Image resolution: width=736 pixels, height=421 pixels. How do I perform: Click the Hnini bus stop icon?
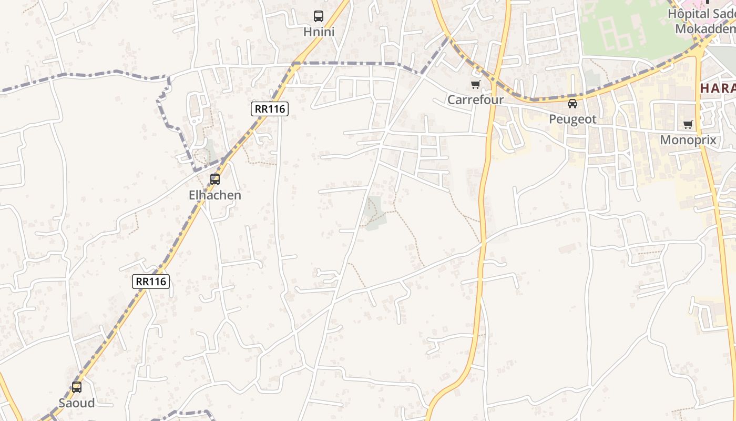click(319, 16)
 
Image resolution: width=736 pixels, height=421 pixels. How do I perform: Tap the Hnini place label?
click(319, 32)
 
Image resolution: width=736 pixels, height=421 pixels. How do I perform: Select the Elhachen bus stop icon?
click(215, 179)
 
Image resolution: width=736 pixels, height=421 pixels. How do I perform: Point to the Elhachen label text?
click(215, 195)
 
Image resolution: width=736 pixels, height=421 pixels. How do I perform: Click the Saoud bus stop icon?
click(77, 387)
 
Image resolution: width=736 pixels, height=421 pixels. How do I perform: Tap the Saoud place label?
click(77, 403)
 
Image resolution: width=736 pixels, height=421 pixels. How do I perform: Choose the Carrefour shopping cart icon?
click(476, 84)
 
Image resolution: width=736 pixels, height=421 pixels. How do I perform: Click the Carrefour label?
click(476, 100)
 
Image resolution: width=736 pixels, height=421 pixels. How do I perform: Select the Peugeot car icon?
click(573, 104)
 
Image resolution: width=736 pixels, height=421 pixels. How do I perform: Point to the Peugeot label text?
click(573, 119)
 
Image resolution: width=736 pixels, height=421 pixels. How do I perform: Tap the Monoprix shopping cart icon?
click(688, 125)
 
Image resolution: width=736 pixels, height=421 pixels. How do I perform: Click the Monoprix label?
click(688, 140)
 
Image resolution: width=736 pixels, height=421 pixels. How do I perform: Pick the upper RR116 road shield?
click(270, 109)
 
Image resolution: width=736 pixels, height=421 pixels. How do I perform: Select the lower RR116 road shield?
click(151, 282)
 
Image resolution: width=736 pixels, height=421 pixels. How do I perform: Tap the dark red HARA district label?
click(718, 88)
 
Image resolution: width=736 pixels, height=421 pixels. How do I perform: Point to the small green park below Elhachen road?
click(374, 213)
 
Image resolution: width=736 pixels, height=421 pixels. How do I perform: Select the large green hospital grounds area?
click(631, 29)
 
